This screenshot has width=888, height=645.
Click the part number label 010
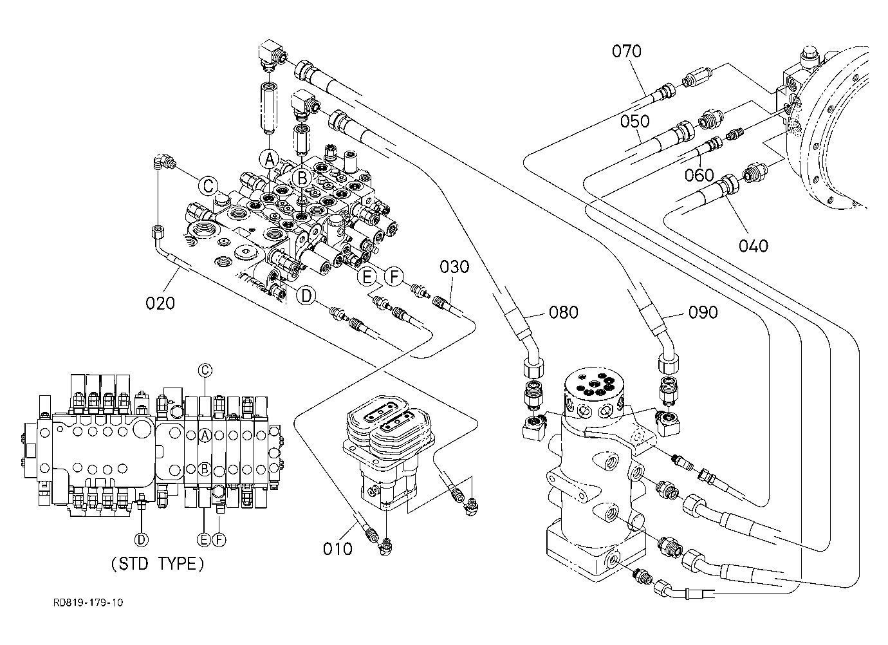(x=337, y=549)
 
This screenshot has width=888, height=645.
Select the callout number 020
(x=160, y=303)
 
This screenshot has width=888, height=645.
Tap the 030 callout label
(x=454, y=266)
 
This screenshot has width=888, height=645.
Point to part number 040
(x=754, y=246)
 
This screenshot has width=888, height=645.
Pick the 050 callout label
(x=634, y=121)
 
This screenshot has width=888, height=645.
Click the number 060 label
(x=699, y=175)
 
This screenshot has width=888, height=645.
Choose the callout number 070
(x=626, y=51)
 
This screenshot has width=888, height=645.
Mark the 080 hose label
(x=563, y=312)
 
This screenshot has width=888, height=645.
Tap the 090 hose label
(x=703, y=312)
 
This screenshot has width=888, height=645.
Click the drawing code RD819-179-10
(x=88, y=603)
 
